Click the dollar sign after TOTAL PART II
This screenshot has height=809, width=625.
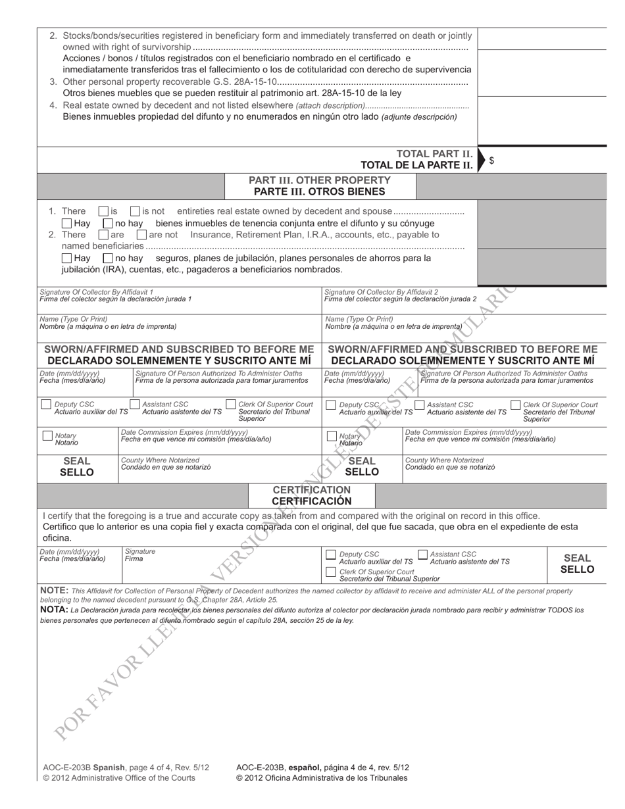[x=491, y=160]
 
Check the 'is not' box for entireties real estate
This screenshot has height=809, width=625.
[x=135, y=212]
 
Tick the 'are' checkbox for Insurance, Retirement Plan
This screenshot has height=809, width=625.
[x=103, y=235]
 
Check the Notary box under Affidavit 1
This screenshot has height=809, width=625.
[x=47, y=436]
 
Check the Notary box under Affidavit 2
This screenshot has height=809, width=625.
[x=332, y=436]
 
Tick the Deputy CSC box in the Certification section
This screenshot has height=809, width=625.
[x=332, y=555]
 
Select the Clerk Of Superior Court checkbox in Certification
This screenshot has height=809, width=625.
[x=332, y=573]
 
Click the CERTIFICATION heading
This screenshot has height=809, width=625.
[x=312, y=490]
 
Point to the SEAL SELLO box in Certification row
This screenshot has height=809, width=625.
[x=577, y=564]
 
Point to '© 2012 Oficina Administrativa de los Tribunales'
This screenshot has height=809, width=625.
[x=321, y=777]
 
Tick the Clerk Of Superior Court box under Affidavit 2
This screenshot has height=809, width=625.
[x=516, y=404]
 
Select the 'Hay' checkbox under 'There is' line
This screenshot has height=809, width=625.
[x=66, y=224]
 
